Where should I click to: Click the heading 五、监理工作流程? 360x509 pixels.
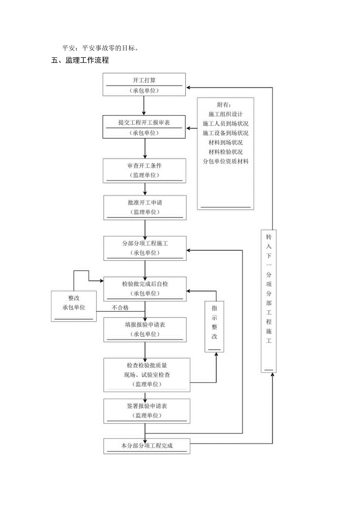tap(80, 61)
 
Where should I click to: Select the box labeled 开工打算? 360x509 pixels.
tap(144, 84)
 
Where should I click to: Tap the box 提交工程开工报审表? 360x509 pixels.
tap(144, 127)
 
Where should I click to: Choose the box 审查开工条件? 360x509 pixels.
tap(144, 170)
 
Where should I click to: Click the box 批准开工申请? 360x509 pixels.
tap(144, 207)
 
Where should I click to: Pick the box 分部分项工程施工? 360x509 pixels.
tap(144, 248)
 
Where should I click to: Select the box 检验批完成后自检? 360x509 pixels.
tap(144, 288)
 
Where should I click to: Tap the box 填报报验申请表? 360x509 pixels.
tap(144, 329)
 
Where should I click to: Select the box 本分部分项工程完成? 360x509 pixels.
tap(147, 446)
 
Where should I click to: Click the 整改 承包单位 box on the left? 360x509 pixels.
tap(74, 306)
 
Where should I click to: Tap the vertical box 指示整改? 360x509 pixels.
tap(214, 326)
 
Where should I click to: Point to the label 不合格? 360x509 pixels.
tap(120, 308)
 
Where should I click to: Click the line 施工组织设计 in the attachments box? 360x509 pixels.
tap(225, 114)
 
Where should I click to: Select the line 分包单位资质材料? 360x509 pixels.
tap(225, 161)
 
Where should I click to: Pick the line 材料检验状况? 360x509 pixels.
tap(225, 152)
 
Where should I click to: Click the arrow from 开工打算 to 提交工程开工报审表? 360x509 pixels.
tap(144, 106)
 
